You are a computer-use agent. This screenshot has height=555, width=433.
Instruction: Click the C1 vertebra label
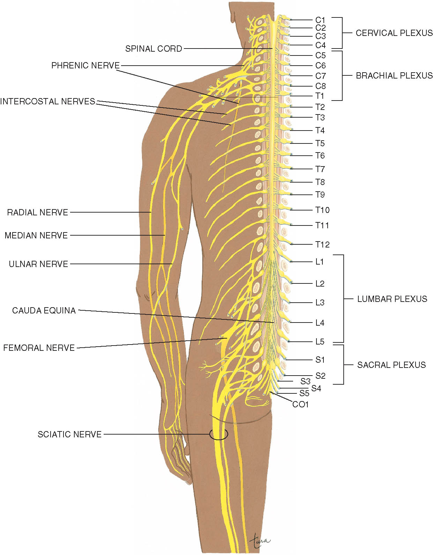click(320, 20)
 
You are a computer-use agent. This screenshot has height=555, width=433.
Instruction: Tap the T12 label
click(322, 244)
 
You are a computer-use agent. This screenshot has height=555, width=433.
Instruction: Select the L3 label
click(320, 302)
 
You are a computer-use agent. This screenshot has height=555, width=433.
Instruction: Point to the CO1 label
click(300, 404)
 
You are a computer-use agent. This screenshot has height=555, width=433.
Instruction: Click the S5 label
click(304, 393)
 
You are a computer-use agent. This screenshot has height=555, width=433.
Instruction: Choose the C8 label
click(320, 86)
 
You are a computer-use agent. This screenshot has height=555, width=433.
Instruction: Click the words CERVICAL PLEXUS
click(394, 33)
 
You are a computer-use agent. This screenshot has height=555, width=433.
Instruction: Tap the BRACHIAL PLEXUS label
click(394, 75)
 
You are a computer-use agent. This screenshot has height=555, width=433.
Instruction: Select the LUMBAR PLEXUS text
click(392, 299)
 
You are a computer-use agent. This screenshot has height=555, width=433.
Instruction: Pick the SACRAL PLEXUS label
click(391, 365)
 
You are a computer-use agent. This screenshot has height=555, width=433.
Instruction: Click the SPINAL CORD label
click(154, 49)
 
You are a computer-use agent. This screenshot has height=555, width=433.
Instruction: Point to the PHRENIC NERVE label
click(85, 65)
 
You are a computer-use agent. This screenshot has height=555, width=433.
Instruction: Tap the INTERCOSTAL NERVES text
click(47, 101)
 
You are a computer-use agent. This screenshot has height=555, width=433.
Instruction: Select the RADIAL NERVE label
click(38, 212)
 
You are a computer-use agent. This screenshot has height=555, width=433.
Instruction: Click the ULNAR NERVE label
click(38, 264)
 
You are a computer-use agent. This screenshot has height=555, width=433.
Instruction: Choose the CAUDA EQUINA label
click(44, 310)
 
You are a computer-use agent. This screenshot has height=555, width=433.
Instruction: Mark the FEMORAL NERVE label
click(39, 348)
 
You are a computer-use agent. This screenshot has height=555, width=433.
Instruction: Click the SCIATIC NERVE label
click(70, 434)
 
